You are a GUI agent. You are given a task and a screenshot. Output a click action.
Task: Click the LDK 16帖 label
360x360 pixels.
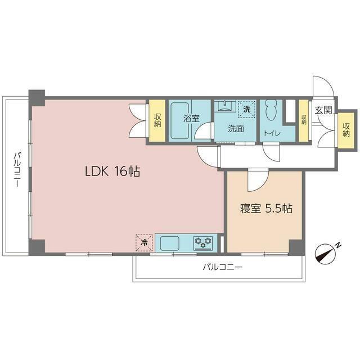pos(112,171)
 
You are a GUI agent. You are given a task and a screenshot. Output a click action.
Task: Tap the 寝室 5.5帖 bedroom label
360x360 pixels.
pos(266,209)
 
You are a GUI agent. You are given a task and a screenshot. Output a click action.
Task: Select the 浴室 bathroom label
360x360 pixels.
pos(191,118)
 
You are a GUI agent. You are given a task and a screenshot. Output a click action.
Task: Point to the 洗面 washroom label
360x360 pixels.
pos(236,129)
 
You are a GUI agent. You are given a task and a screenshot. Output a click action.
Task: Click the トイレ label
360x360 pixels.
pos(272,133)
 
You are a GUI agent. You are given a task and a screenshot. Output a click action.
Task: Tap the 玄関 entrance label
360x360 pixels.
pos(323,110)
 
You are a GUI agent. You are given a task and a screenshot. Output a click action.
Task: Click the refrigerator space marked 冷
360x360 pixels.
pos(144,242)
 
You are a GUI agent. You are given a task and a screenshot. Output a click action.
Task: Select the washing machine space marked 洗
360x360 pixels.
pos(247,109)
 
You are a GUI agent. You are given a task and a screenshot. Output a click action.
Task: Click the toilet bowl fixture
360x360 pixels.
pos(271,110)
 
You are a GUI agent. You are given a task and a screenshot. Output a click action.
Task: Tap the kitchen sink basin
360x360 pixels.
pos(170,244)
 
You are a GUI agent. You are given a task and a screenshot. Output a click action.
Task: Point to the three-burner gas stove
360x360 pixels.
pos(203,243)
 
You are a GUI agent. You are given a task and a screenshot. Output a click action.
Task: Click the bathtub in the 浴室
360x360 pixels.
pos(180,120)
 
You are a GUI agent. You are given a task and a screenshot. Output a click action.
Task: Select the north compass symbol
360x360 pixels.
pos(325,254)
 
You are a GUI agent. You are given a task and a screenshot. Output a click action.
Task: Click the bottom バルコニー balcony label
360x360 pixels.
pos(223,267)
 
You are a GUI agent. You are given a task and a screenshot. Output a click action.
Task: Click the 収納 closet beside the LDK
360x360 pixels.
pos(157,120)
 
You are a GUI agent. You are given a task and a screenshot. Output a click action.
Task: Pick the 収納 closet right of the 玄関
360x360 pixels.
pos(346,130)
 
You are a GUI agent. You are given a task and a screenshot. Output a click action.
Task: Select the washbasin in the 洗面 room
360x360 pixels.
pos(225,106)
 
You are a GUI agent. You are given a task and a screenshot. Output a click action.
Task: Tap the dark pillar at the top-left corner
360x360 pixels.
pos(37,98)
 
